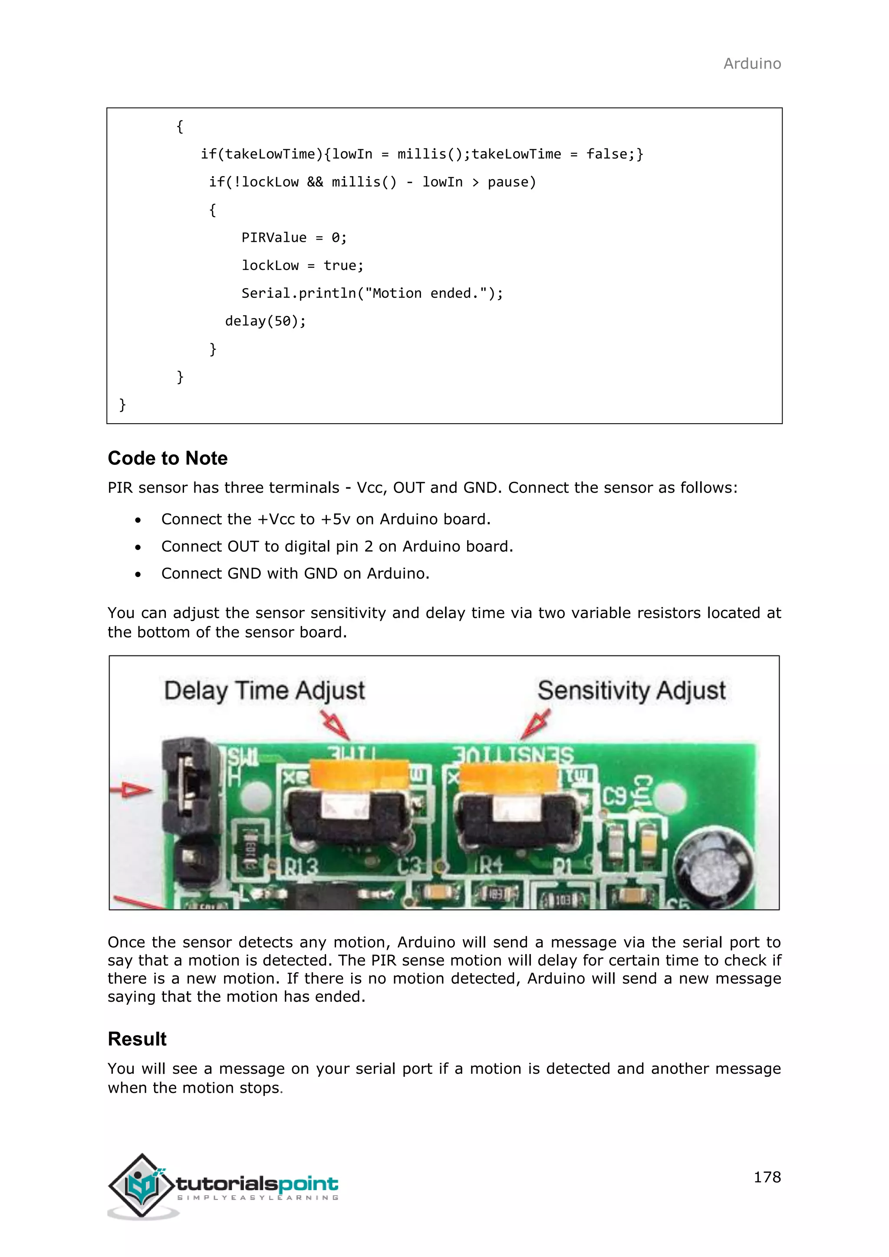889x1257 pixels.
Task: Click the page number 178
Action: (767, 1177)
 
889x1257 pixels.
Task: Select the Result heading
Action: (137, 1039)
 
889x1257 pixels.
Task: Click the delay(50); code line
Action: (266, 321)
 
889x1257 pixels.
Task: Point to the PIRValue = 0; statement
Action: (294, 237)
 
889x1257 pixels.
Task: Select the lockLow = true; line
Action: (302, 266)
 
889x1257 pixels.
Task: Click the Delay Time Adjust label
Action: (264, 691)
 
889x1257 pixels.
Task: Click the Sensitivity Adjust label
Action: (631, 691)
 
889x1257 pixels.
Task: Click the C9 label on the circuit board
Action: (614, 797)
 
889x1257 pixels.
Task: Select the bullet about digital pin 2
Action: (337, 546)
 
